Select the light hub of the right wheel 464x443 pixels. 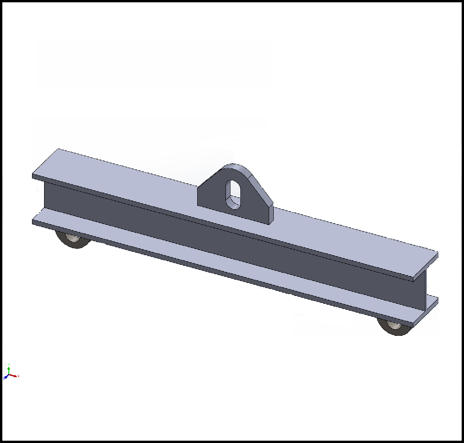tap(394, 326)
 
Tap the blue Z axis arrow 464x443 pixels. tap(6, 377)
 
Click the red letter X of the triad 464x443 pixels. tap(18, 376)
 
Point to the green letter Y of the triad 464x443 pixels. tap(9, 364)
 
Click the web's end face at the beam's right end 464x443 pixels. tap(422, 290)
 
